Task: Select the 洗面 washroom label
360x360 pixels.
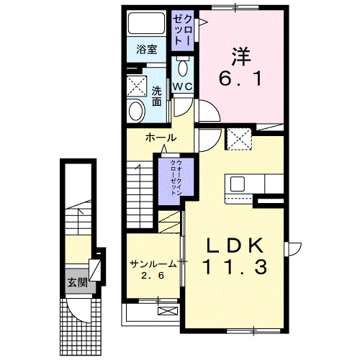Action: pos(158,96)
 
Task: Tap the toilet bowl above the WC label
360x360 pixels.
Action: pos(182,69)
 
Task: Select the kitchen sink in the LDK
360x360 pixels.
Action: pos(237,184)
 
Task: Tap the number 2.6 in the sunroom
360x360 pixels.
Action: pos(153,276)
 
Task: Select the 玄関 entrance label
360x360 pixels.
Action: pos(78,282)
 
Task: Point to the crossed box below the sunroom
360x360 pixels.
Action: pos(166,311)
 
